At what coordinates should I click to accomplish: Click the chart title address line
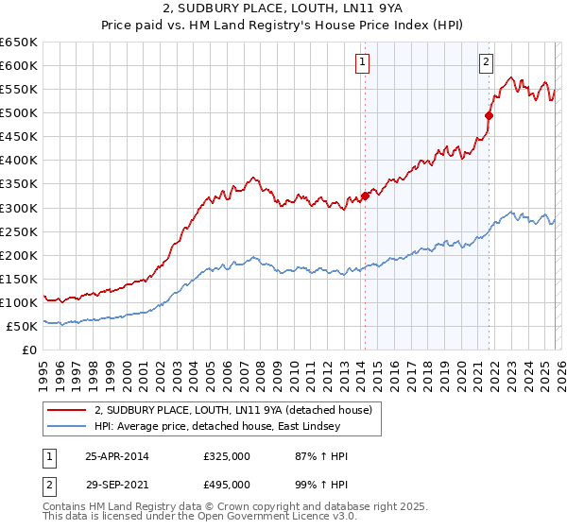tap(283, 9)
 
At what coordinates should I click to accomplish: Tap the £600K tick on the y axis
tap(19, 65)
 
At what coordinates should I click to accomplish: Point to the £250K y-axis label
tap(19, 231)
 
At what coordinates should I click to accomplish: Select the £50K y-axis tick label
tap(22, 326)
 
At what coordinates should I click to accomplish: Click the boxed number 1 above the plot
tap(363, 63)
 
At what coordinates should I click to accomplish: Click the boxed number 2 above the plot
tap(487, 63)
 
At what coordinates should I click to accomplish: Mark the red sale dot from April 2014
tap(365, 196)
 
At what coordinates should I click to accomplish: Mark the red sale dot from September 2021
tap(489, 115)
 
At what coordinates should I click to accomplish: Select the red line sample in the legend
tap(67, 410)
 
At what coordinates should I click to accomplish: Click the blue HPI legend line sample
tap(67, 426)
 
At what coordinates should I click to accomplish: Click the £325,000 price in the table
tap(227, 456)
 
